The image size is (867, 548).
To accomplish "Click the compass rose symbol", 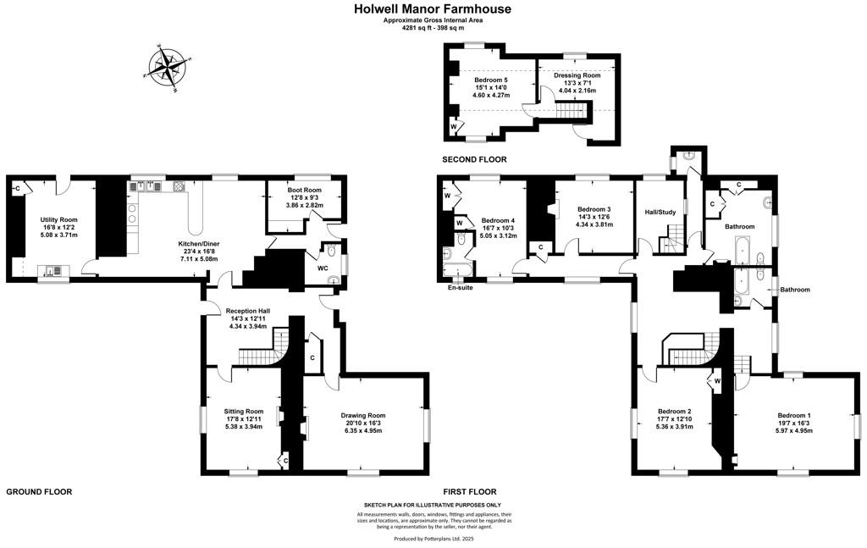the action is (167, 67).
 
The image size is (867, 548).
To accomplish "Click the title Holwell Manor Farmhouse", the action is (433, 8).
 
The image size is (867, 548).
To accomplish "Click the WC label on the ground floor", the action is (323, 268).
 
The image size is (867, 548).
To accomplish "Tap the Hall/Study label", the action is (660, 212).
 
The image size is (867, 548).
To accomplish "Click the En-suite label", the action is (461, 287).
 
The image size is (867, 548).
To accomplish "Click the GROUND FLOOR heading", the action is (39, 491).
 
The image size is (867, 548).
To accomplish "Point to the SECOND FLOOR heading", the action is (474, 160).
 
